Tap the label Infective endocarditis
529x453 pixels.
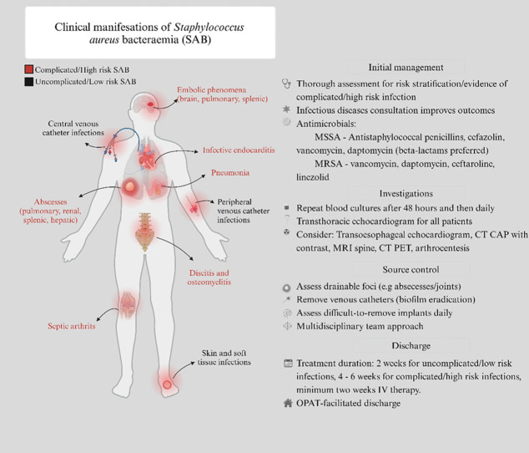[234, 151]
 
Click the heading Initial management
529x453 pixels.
[406, 67]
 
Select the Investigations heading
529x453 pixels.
[406, 191]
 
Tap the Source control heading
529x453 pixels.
[406, 270]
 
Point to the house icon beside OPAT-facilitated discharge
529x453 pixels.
[288, 404]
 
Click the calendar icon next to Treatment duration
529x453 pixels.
[288, 364]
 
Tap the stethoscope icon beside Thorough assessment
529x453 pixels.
[288, 84]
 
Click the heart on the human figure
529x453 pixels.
[152, 155]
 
